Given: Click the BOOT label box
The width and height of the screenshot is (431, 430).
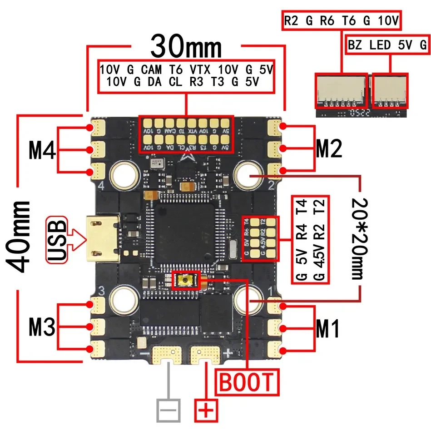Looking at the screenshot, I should click(247, 382).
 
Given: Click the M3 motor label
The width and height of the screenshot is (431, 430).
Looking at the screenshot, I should click(42, 327).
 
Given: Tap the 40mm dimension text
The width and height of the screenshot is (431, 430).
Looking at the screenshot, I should click(20, 236).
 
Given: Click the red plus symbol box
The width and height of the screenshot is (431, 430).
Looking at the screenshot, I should click(207, 411).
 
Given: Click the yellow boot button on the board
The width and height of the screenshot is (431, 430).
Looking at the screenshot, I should click(186, 280).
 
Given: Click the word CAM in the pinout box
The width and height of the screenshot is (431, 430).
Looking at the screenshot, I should click(151, 70).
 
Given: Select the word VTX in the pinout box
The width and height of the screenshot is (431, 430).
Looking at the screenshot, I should click(199, 70).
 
